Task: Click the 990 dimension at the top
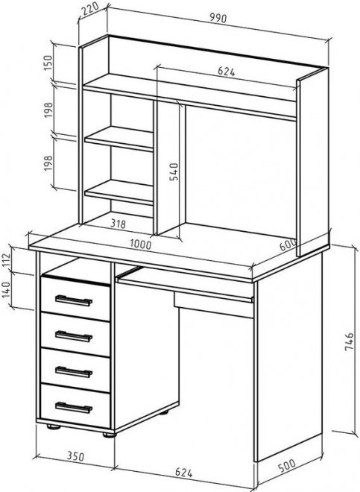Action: (218, 19)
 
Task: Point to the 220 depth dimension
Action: (90, 8)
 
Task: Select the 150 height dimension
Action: (48, 63)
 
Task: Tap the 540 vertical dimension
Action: (174, 171)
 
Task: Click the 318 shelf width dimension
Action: (119, 224)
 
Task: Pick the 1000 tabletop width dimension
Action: (141, 244)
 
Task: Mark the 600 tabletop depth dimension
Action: (288, 245)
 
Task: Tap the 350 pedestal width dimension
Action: (75, 456)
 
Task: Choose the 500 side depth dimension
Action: (286, 466)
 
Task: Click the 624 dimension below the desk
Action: (183, 473)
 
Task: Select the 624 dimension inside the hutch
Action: (227, 72)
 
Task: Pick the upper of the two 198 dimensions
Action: (48, 110)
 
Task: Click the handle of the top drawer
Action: (74, 300)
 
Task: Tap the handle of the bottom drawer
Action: (74, 408)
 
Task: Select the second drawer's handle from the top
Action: (74, 336)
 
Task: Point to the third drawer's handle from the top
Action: (74, 372)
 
